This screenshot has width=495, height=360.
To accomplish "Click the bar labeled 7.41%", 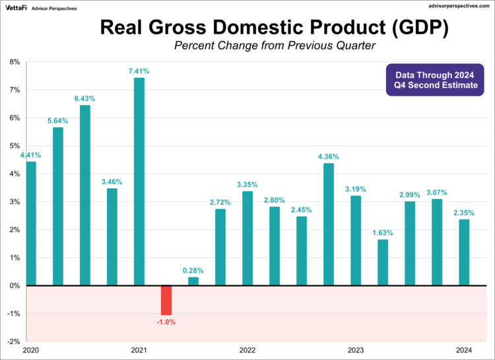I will tap(139, 182).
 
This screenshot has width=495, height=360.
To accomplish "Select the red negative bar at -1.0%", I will tap(166, 300).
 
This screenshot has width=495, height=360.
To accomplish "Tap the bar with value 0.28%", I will tap(193, 281).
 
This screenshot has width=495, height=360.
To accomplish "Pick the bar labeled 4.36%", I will tap(328, 225).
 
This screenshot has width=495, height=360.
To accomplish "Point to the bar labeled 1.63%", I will tap(382, 262).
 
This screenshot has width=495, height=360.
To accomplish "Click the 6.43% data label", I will tap(84, 98).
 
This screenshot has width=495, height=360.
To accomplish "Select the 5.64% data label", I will tap(57, 121).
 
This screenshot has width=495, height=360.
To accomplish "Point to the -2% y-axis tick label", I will tap(13, 342).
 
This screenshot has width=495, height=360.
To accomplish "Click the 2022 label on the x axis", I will tap(247, 350).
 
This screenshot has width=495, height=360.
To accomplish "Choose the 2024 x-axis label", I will tap(463, 350).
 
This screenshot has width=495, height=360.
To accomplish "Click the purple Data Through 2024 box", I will tap(436, 80).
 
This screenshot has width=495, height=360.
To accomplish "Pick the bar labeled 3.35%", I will tap(247, 238).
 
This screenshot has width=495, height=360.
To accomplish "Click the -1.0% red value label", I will tap(166, 322).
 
